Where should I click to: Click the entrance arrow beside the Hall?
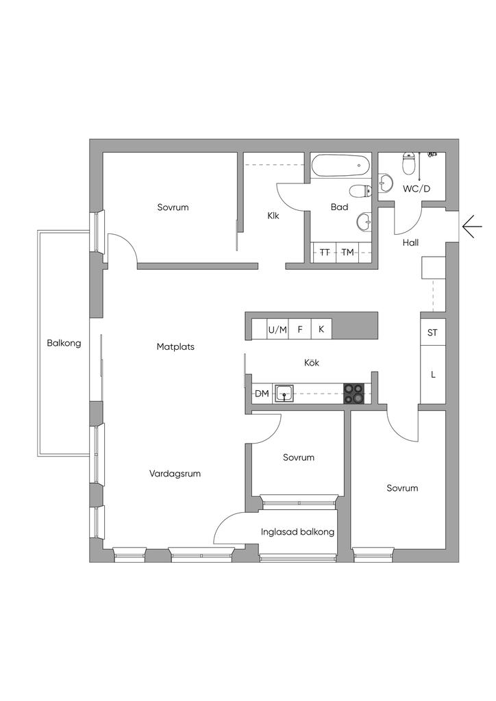(x=472, y=226)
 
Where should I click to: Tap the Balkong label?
(x=64, y=343)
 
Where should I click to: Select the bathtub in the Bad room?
(x=340, y=165)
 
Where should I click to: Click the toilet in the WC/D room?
(x=409, y=164)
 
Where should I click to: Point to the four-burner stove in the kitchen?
(x=355, y=393)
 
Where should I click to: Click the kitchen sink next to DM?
(x=284, y=393)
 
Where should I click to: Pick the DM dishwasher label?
(x=262, y=393)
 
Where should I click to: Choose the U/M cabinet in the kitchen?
(x=277, y=329)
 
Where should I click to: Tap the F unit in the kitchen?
(x=300, y=329)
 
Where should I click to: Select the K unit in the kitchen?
(x=321, y=329)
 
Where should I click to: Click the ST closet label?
(x=432, y=333)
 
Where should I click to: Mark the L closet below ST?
(x=433, y=374)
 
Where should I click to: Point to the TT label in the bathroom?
(x=325, y=253)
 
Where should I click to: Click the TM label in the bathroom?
(x=348, y=253)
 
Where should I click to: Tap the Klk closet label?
(x=273, y=216)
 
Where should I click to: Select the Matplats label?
(x=175, y=346)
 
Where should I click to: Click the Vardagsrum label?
(x=175, y=473)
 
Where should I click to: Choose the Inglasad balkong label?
(x=297, y=532)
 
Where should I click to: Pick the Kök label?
(x=312, y=363)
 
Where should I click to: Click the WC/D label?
(x=417, y=188)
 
